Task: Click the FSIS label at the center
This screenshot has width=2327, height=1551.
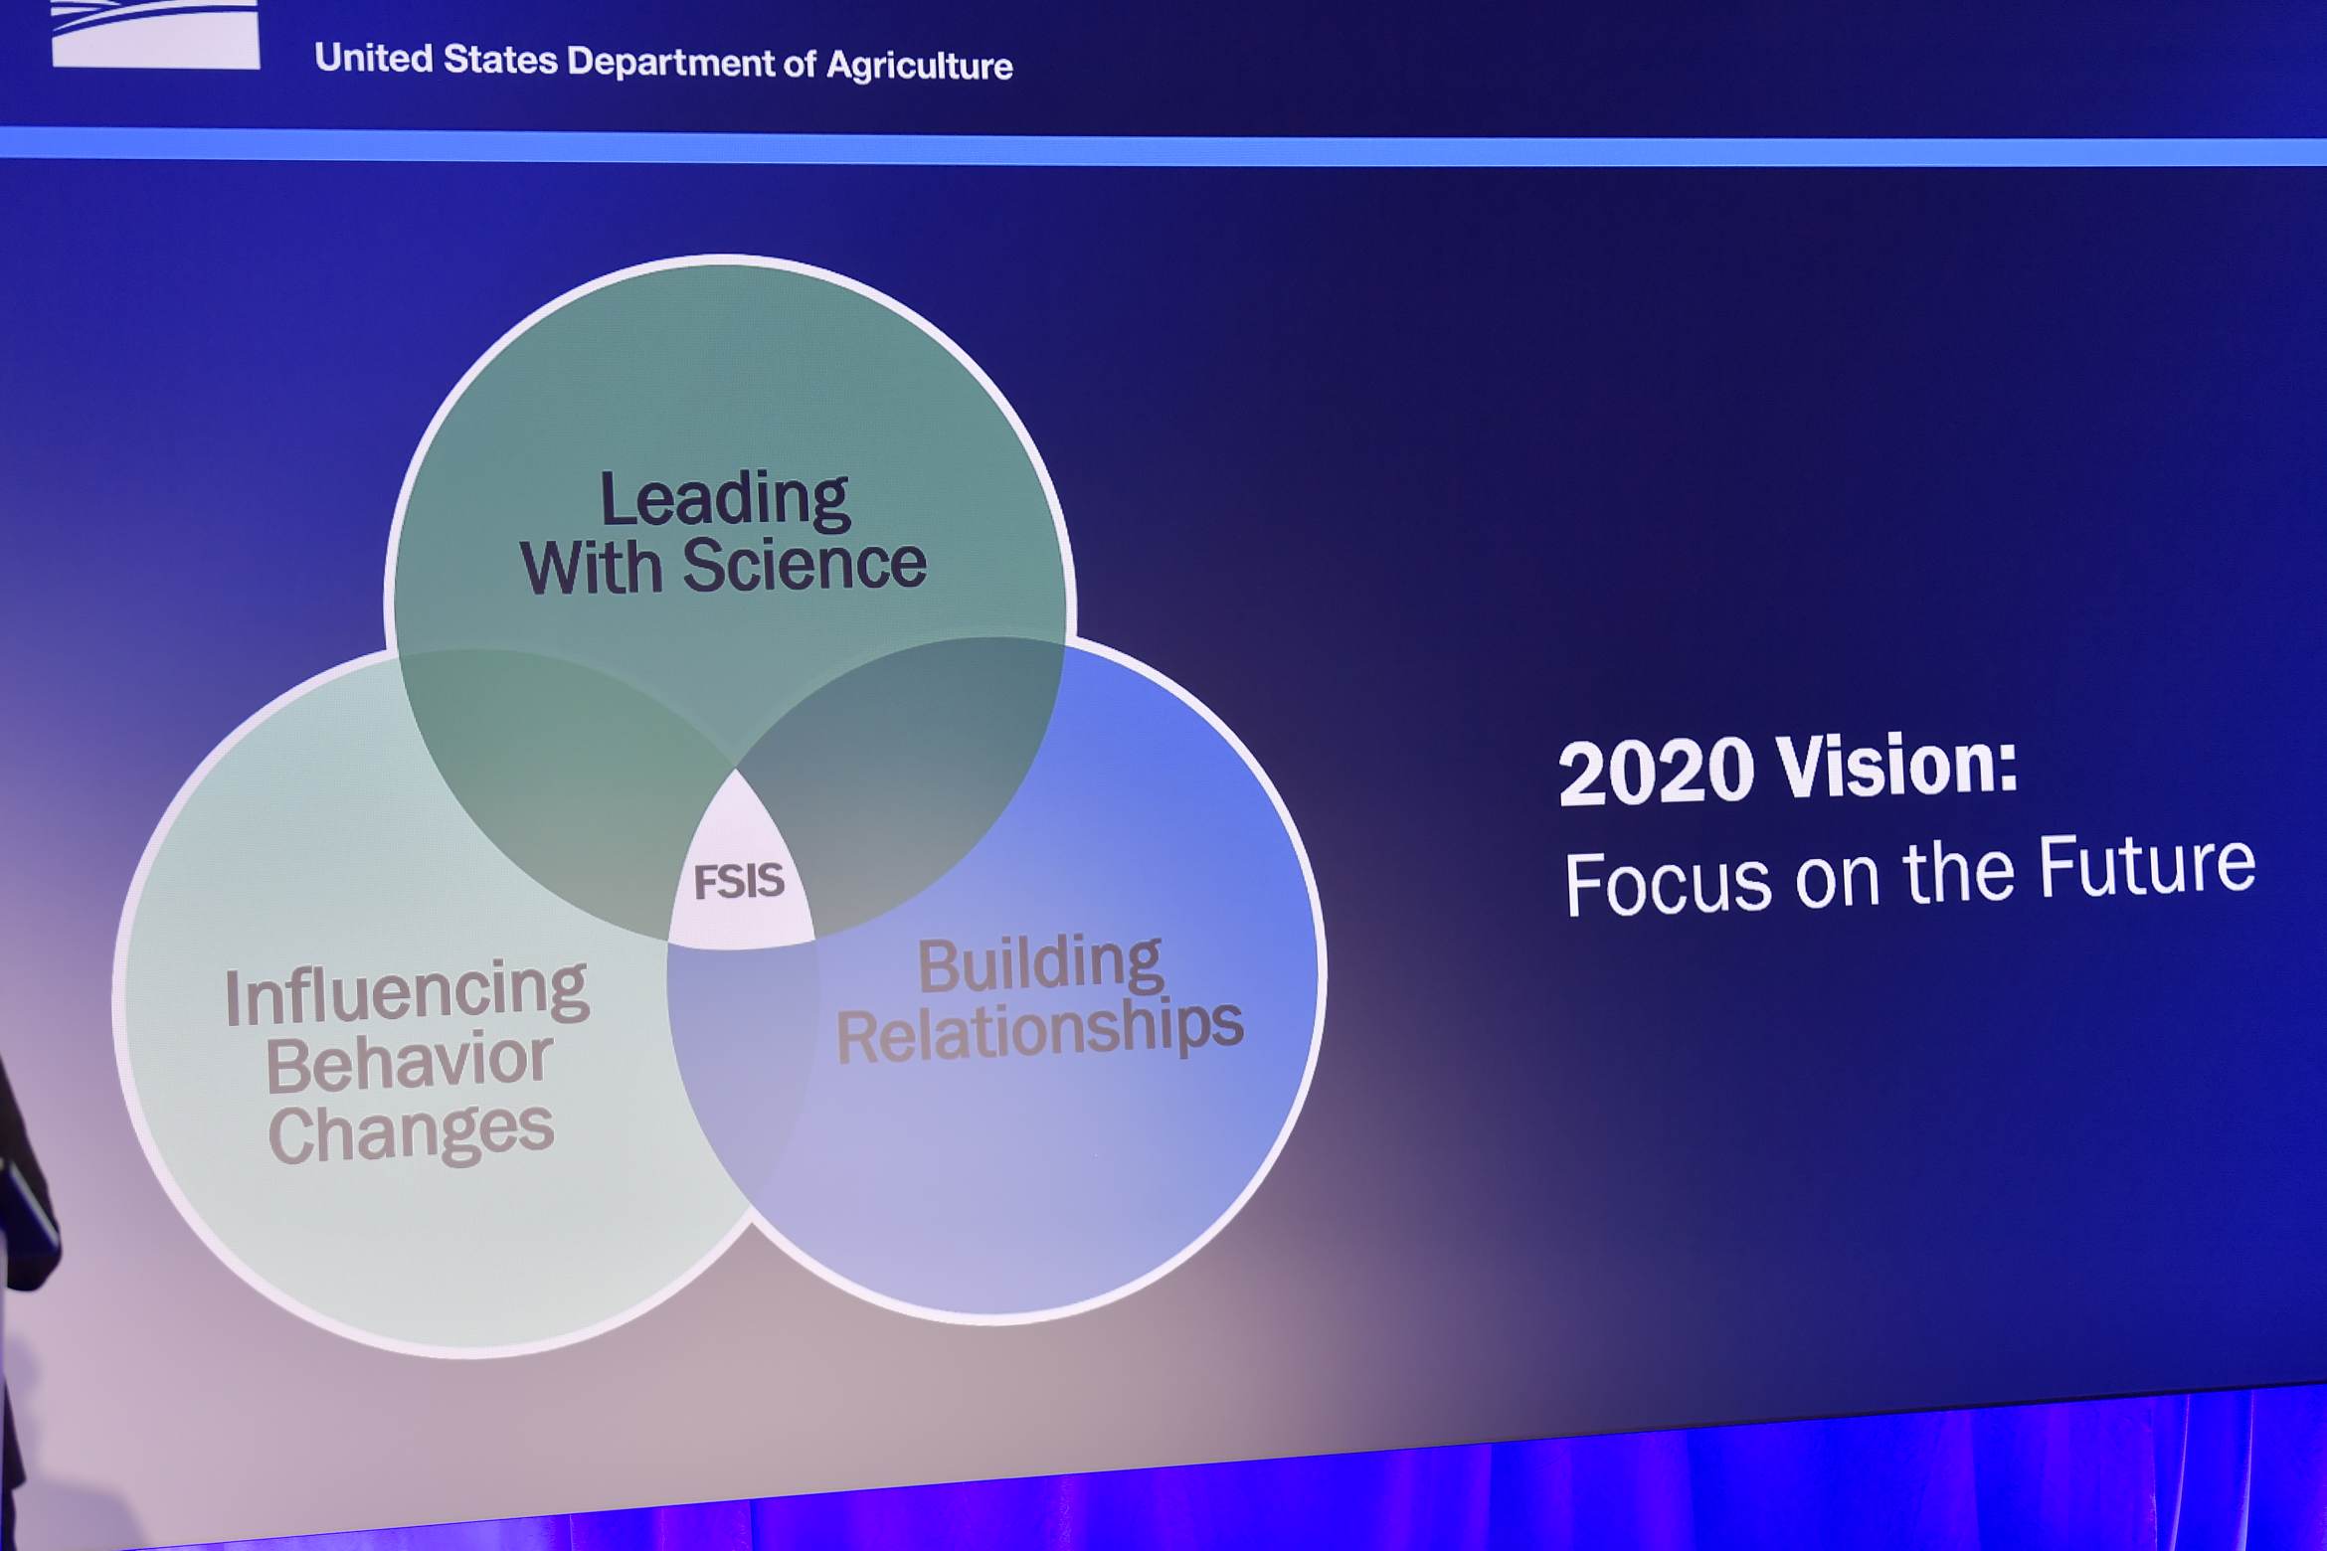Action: click(x=739, y=881)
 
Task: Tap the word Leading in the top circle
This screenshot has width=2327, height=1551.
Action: click(x=725, y=500)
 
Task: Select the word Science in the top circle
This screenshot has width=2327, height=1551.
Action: click(x=805, y=564)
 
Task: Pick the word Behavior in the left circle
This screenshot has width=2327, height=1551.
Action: click(x=409, y=1063)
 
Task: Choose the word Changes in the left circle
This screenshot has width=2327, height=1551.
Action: click(x=411, y=1133)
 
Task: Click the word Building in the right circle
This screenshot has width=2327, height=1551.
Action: click(x=1040, y=964)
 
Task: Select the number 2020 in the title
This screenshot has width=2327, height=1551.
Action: click(x=1657, y=772)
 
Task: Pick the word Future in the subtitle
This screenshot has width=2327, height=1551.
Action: click(x=2147, y=864)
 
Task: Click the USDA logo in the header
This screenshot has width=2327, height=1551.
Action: click(x=155, y=34)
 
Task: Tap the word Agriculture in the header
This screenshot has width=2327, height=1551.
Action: click(x=920, y=66)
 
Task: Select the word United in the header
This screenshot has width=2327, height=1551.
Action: click(x=374, y=58)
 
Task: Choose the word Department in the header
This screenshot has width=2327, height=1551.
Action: click(x=670, y=62)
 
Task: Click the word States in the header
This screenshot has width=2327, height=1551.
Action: click(x=500, y=60)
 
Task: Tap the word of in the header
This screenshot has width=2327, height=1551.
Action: click(x=801, y=64)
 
